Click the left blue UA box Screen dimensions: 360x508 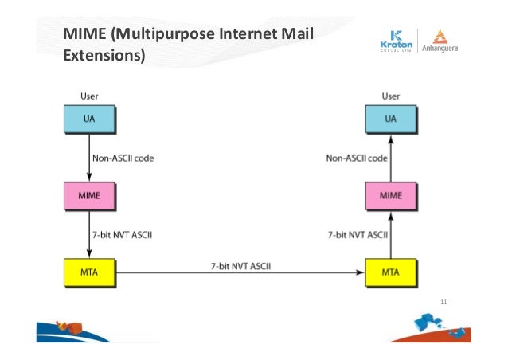coord(90,119)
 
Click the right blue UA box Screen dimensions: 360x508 coord(390,119)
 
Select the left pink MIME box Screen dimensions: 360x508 coord(90,194)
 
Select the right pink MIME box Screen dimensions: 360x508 coord(390,194)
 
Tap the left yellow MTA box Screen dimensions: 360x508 coord(90,272)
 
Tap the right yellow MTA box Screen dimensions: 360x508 coord(390,272)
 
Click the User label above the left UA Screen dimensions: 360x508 coord(90,96)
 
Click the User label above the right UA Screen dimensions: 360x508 coord(390,96)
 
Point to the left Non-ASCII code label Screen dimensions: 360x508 coord(124,158)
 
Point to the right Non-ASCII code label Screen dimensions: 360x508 coord(357,158)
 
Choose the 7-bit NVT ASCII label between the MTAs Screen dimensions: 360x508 coord(240,264)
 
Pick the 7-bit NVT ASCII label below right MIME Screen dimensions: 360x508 coord(358,235)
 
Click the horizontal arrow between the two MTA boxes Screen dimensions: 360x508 coord(239,272)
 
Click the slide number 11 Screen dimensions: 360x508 coord(444,302)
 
